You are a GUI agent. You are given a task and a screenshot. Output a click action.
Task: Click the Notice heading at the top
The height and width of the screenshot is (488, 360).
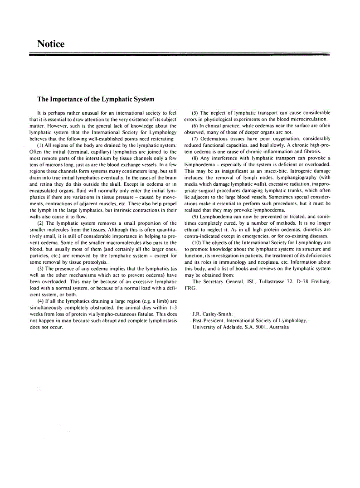[51, 44]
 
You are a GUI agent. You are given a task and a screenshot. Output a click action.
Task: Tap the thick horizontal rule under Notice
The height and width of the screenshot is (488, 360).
[180, 54]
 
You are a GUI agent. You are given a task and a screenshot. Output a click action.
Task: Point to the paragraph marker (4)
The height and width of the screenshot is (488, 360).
[40, 300]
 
